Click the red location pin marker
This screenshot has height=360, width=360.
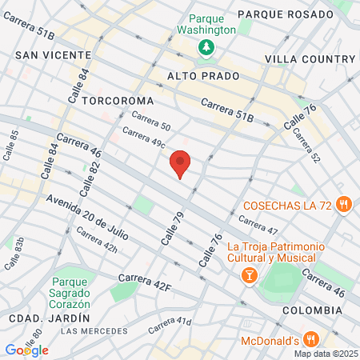pyautogui.click(x=181, y=163)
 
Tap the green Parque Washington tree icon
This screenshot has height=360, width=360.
pyautogui.click(x=206, y=47)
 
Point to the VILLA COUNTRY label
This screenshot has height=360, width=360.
pyautogui.click(x=310, y=59)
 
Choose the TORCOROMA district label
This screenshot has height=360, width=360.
pyautogui.click(x=117, y=101)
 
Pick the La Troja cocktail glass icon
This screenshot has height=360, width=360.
pyautogui.click(x=249, y=275)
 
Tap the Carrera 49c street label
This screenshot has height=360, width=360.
pyautogui.click(x=144, y=138)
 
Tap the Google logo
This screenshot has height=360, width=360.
pyautogui.click(x=26, y=350)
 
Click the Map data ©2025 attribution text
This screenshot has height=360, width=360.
pyautogui.click(x=325, y=354)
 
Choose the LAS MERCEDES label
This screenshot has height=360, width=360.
pyautogui.click(x=93, y=330)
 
